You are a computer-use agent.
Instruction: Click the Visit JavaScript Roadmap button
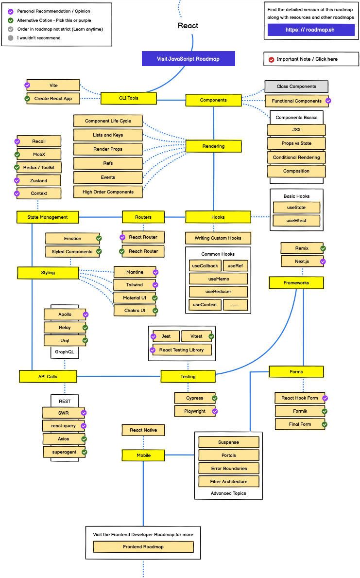coord(188,59)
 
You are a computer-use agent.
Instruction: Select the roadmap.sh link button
coord(310,30)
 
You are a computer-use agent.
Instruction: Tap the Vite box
coord(53,85)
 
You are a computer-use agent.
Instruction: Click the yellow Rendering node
coord(213,146)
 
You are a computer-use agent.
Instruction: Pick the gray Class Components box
coord(296,87)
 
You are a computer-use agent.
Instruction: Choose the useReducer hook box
coord(218,292)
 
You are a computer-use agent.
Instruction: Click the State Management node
coord(48,217)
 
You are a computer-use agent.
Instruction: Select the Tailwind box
coord(135,285)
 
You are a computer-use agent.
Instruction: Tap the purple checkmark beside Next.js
coord(323,262)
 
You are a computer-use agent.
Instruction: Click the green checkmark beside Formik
coord(325,411)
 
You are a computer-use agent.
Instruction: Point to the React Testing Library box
coord(181,350)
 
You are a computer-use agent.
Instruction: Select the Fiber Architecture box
coord(228,481)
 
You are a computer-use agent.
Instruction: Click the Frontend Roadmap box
coord(143,546)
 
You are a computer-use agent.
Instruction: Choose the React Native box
coord(143,430)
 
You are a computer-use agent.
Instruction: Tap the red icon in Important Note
coord(271,59)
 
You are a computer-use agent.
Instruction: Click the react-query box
coord(64,426)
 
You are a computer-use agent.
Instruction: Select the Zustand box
coord(39,180)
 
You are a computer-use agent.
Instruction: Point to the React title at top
coord(188,26)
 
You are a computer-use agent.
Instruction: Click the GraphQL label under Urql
coord(65,351)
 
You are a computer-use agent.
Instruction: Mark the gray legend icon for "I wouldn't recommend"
coord(11,38)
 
